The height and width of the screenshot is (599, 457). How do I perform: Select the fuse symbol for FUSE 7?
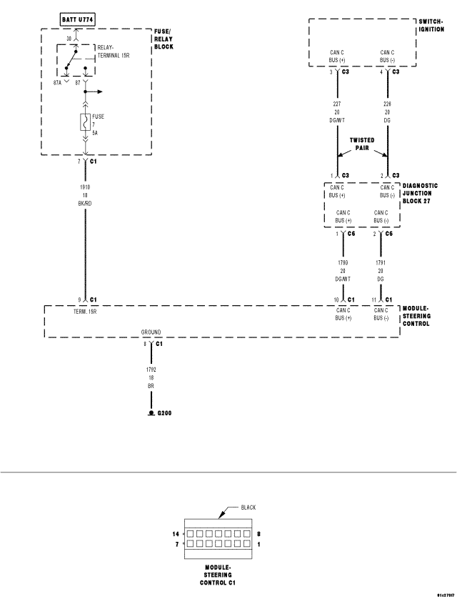point(86,124)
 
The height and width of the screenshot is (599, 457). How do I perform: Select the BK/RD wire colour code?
point(85,202)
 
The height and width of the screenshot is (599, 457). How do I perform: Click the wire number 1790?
point(343,262)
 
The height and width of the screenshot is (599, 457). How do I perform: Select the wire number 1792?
point(151,369)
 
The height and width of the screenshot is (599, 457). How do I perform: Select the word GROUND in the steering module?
point(151,332)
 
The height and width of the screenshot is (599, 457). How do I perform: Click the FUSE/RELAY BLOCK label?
point(164,39)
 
